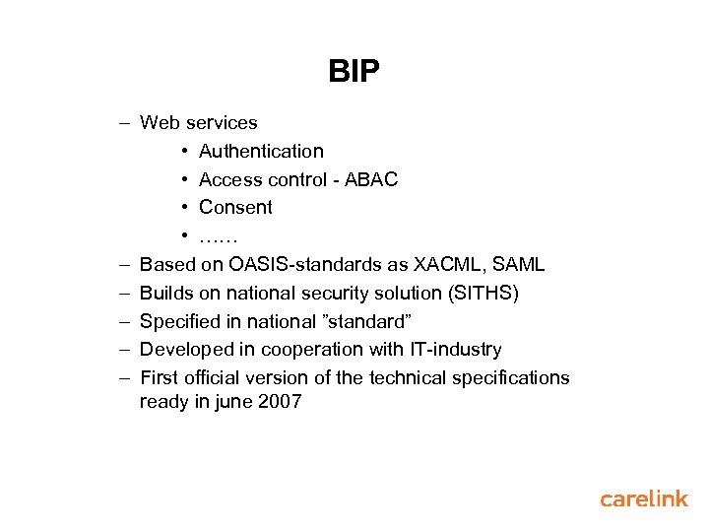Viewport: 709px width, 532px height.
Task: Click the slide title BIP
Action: click(x=354, y=72)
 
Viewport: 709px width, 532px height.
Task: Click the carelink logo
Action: click(x=644, y=499)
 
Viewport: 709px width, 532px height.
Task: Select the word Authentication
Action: click(x=261, y=151)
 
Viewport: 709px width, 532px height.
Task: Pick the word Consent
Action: click(x=235, y=207)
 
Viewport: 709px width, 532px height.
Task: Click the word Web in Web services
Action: click(x=160, y=123)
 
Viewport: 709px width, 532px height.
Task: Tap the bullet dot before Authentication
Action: click(x=186, y=152)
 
